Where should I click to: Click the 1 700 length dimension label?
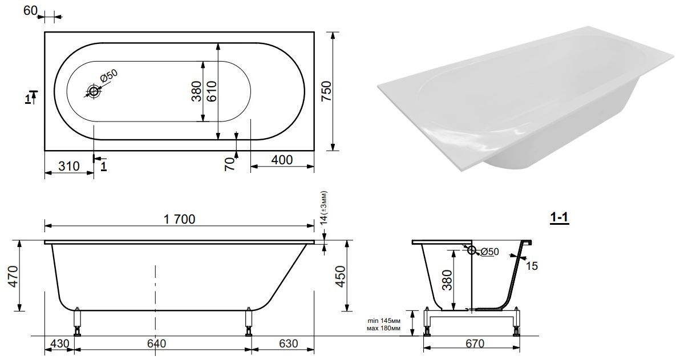[x=179, y=219]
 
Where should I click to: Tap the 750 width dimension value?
[x=327, y=91]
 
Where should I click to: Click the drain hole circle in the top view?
[x=94, y=91]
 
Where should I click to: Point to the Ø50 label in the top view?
[x=108, y=77]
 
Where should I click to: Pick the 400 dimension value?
[x=282, y=160]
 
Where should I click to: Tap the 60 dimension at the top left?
[x=30, y=10]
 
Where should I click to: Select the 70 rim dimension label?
[x=230, y=164]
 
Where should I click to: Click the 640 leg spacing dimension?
[x=156, y=343]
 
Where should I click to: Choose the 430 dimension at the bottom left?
[x=59, y=343]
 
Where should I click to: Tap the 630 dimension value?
[x=289, y=343]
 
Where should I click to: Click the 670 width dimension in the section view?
[x=475, y=343]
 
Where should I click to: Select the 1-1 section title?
[x=560, y=218]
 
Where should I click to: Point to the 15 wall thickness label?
[x=532, y=266]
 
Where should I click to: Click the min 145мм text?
[x=384, y=321]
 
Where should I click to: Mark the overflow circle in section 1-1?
[x=471, y=250]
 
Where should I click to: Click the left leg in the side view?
[x=78, y=321]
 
